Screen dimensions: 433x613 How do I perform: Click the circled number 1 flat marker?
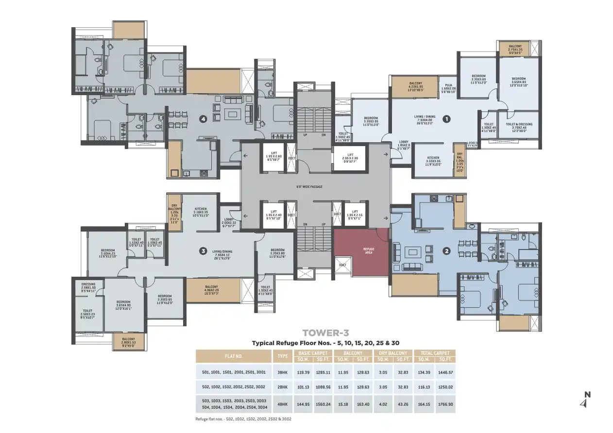click(x=446, y=118)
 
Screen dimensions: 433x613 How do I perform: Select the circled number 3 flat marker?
click(x=203, y=251)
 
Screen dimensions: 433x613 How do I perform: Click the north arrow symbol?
click(x=585, y=400)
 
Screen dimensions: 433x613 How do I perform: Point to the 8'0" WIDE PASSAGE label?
click(x=309, y=186)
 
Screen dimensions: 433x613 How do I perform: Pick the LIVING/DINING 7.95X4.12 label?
click(x=222, y=254)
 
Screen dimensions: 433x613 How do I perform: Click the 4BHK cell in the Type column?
click(x=282, y=403)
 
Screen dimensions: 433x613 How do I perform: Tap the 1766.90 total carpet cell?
click(x=445, y=403)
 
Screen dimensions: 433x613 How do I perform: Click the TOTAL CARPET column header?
click(x=435, y=353)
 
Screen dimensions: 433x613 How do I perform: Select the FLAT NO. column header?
click(x=233, y=356)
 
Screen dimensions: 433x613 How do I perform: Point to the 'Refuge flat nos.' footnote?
click(x=243, y=418)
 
